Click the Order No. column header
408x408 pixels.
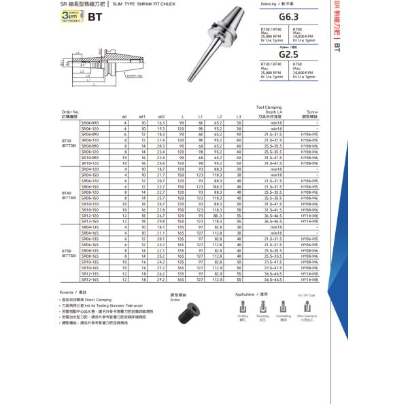(x=71, y=113)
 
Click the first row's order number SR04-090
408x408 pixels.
(x=90, y=122)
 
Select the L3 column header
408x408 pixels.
(x=239, y=117)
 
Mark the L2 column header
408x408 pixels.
(x=219, y=117)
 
